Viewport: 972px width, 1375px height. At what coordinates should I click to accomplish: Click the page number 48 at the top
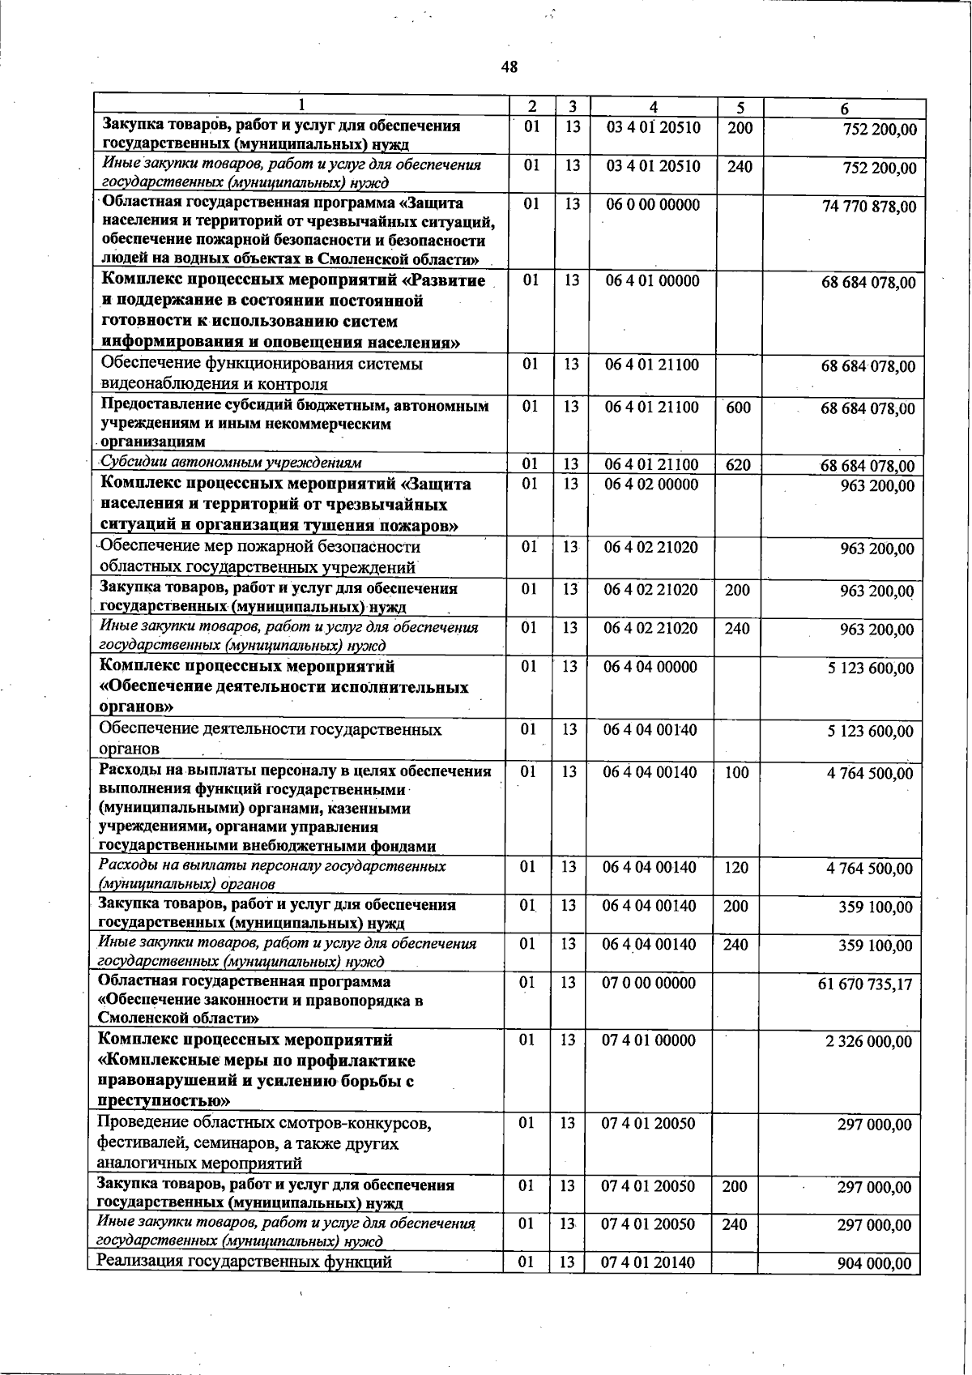(x=509, y=67)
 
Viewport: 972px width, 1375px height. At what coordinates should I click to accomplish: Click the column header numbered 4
(x=654, y=108)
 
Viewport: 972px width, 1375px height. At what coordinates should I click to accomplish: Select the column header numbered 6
(x=844, y=109)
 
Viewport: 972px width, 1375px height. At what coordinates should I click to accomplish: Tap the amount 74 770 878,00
(x=869, y=207)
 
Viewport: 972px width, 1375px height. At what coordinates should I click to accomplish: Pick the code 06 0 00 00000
(x=653, y=205)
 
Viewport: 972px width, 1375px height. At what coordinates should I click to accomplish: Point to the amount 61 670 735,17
(x=865, y=984)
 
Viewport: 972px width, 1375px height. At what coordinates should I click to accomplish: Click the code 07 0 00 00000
(x=649, y=983)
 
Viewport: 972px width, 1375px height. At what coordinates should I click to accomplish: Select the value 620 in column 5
(x=738, y=465)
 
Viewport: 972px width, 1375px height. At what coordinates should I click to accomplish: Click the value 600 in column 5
(x=738, y=408)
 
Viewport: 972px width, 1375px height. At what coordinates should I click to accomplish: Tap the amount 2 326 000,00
(x=868, y=1041)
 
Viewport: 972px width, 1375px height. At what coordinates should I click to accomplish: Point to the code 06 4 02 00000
(x=651, y=485)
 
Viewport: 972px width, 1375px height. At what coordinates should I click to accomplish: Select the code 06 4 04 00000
(x=650, y=667)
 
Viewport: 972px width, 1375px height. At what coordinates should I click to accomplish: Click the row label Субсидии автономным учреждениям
(x=230, y=463)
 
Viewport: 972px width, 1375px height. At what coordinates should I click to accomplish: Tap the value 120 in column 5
(x=735, y=868)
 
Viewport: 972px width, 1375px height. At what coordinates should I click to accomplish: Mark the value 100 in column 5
(x=736, y=773)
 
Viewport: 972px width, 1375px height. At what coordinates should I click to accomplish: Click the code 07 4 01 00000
(x=649, y=1040)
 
